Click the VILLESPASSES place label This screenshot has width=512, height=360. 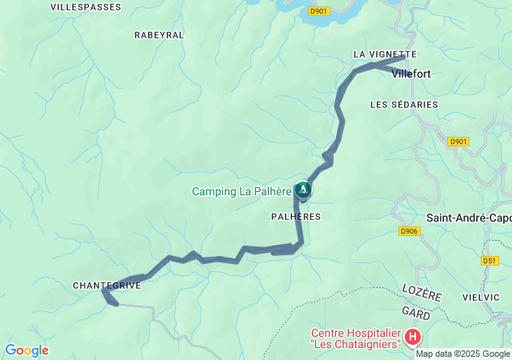point(86,7)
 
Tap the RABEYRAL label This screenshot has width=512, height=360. point(159,35)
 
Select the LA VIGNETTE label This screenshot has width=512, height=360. point(385,54)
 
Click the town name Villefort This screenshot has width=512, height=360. point(411,74)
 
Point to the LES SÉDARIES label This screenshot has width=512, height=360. point(404,105)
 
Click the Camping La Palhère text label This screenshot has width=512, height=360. point(242,191)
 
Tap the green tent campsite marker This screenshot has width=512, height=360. point(303,190)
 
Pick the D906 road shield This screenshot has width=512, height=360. point(409,232)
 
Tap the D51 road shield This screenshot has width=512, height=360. point(490,261)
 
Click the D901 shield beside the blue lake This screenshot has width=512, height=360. point(318,11)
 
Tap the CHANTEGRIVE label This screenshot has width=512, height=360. point(106,286)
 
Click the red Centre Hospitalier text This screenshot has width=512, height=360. point(355,338)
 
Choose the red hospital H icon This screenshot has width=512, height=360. point(413,338)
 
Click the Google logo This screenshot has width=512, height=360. point(26,350)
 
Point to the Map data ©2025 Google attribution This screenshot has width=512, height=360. point(462,354)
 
